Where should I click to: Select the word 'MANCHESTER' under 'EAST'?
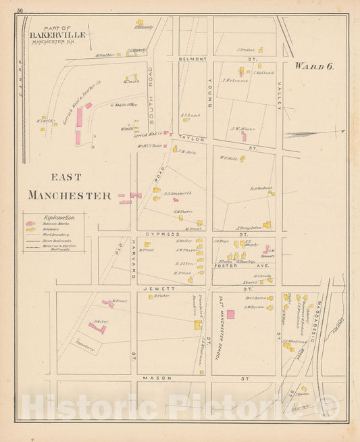69,195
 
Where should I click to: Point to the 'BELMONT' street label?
191,59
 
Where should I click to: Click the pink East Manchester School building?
230,314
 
